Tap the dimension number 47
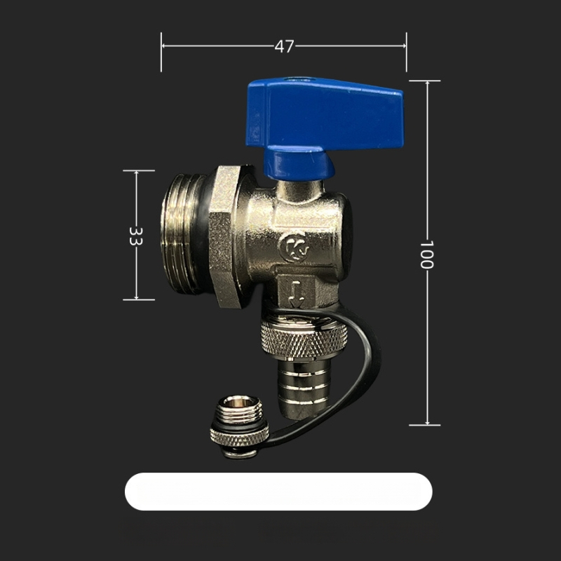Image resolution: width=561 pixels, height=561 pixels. click(x=285, y=46)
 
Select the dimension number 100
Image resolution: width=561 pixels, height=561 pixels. click(x=426, y=255)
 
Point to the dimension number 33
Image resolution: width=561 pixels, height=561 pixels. click(x=136, y=236)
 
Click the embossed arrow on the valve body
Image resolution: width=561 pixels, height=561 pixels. click(x=296, y=294)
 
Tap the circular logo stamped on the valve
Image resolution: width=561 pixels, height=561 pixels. click(x=294, y=248)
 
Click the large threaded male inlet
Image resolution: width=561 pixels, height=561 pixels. click(x=182, y=234)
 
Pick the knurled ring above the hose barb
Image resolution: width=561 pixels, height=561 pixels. click(x=304, y=338)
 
